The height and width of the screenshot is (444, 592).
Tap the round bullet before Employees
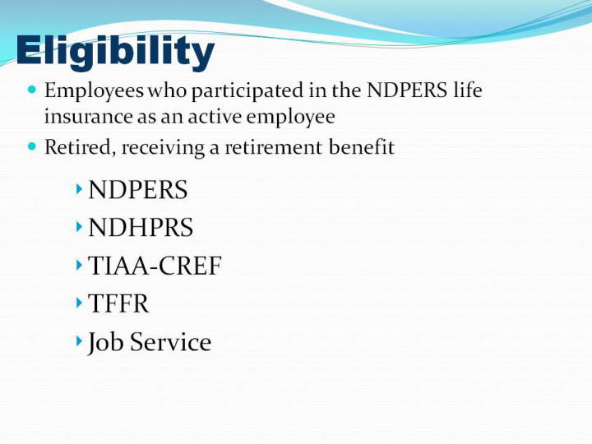coord(32,90)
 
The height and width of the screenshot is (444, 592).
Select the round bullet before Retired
coord(32,146)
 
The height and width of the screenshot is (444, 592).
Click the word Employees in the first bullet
coord(94,91)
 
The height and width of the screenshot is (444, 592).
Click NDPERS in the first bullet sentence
coord(407,90)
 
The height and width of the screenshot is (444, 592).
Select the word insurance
coord(88,116)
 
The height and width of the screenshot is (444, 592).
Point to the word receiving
coord(163,148)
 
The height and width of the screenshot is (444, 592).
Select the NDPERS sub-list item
coord(138,190)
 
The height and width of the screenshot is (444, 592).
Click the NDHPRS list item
coord(141,227)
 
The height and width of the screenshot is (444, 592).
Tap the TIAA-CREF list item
coord(155,266)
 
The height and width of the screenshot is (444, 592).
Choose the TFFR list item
coord(118,303)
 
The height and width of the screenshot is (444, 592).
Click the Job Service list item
coord(150,343)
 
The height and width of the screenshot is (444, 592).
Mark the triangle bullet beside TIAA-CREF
coord(79,265)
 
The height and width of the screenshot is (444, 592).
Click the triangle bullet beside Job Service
coord(79,341)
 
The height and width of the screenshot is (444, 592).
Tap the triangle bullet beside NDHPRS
coord(79,227)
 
